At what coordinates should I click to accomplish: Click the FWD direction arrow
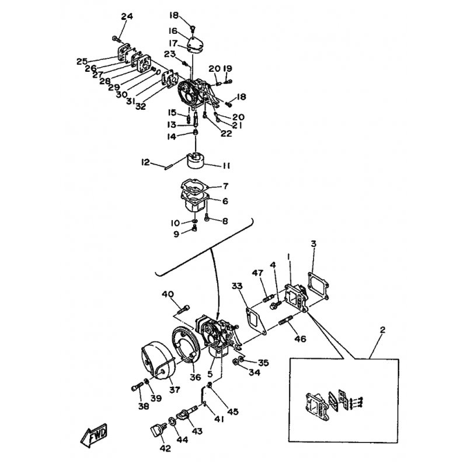click(94, 435)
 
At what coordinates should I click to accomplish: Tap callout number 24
click(127, 17)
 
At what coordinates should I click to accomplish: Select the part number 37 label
click(175, 389)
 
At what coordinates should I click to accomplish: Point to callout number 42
click(166, 448)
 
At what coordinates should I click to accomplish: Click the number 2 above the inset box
click(383, 330)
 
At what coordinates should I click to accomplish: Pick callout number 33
click(237, 286)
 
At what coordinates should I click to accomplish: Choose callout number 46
click(300, 339)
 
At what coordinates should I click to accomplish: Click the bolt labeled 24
click(116, 39)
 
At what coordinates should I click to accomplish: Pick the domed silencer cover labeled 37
click(157, 361)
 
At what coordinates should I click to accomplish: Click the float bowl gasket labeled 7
click(194, 187)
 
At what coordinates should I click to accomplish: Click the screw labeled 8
click(207, 218)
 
